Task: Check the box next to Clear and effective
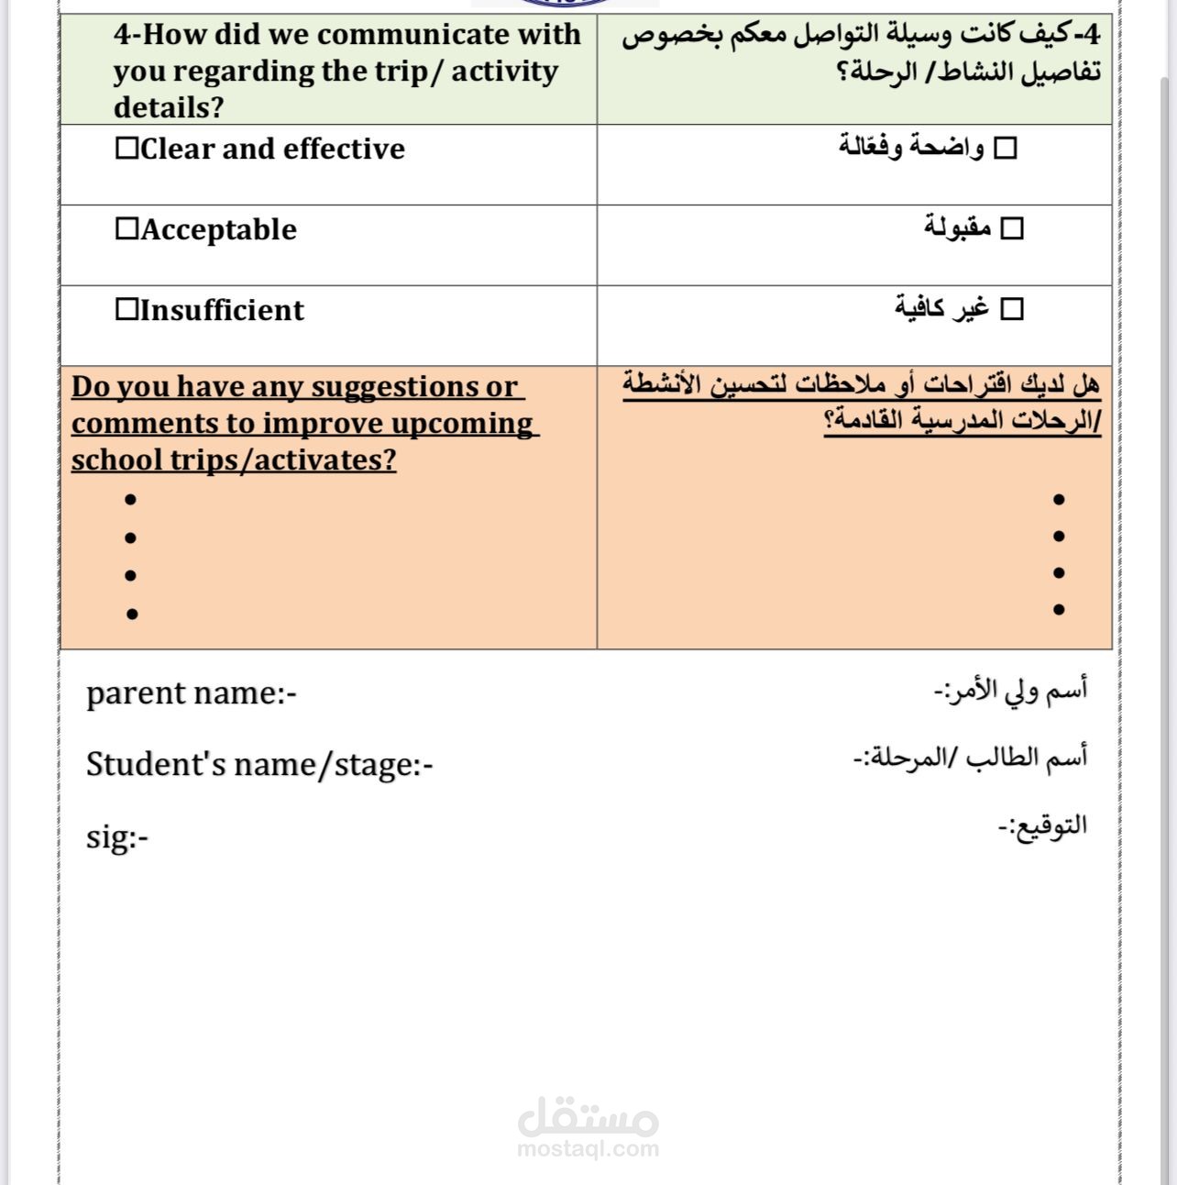tap(126, 149)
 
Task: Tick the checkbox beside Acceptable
tap(126, 229)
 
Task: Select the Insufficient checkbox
tap(126, 310)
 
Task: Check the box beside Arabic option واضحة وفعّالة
tap(1006, 148)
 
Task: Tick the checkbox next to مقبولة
tap(1011, 228)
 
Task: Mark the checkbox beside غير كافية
tap(1011, 309)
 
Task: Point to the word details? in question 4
tap(169, 108)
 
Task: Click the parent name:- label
tap(191, 693)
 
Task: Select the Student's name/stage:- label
tap(259, 764)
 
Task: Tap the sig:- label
tap(116, 836)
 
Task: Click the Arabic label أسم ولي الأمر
tap(1010, 689)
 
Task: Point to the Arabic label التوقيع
tap(1042, 825)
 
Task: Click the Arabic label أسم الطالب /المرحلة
tap(970, 758)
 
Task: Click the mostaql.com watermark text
tap(588, 1148)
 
